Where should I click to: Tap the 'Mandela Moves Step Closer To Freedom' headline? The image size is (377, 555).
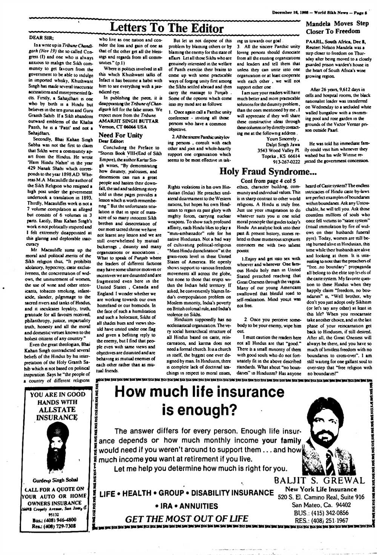click(x=337, y=27)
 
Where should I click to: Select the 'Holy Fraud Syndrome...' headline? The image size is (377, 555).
click(x=268, y=171)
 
